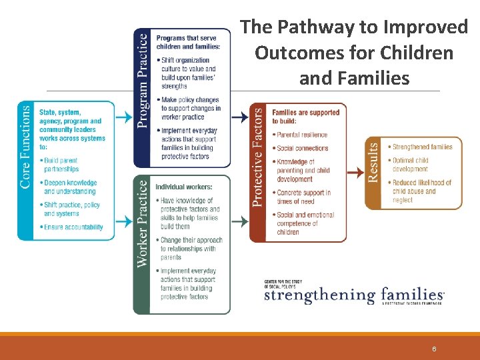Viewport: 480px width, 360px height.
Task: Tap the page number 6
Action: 434,349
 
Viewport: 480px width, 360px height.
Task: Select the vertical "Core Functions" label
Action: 26,147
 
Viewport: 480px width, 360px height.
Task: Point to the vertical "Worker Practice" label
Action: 143,223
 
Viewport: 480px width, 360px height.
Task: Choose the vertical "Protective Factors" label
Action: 258,157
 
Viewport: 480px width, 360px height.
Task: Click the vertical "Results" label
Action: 374,161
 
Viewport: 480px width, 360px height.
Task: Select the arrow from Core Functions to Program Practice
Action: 124,117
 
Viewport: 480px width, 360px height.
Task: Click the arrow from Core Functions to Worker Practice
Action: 124,221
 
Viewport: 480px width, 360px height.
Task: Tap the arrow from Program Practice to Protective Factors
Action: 239,117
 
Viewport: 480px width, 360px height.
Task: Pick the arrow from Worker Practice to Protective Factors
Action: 239,221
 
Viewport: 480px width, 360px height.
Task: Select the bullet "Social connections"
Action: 302,148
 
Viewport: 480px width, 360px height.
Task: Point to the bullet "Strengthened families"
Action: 421,147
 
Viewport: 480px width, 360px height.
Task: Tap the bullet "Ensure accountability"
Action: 72,227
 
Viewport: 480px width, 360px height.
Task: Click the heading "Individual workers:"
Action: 184,187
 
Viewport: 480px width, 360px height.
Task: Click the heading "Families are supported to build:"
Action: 306,117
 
